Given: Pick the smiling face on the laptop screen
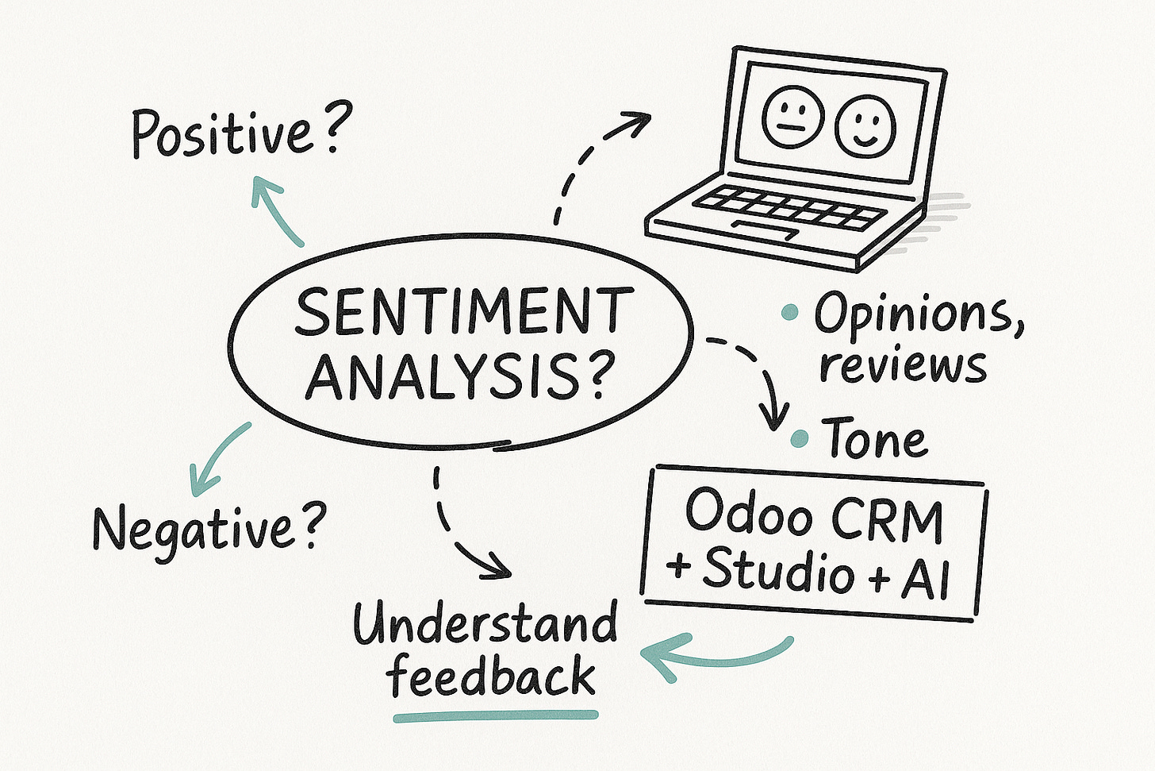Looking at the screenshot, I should pos(865,123).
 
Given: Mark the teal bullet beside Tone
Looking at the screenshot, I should pos(800,437).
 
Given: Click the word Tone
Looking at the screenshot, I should pos(876,438).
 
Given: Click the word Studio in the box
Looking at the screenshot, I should pos(778,569).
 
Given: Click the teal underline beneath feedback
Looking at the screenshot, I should pos(496,716).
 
